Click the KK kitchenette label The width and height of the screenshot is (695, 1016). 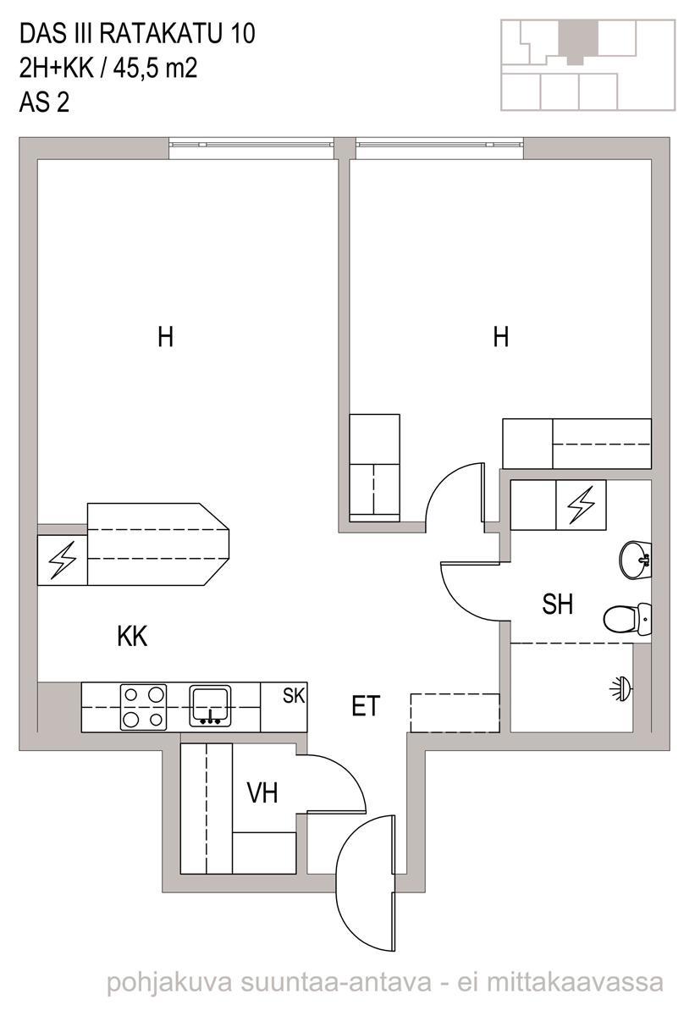coord(132,637)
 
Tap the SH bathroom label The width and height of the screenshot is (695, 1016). coord(557,604)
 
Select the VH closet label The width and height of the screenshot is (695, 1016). coord(262,792)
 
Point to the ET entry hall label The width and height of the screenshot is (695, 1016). coord(366,706)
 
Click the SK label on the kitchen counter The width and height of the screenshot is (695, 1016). coord(294,695)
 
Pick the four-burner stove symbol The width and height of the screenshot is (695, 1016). coord(143,708)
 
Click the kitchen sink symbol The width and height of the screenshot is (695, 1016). coord(210,706)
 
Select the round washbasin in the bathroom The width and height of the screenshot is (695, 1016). coord(636,560)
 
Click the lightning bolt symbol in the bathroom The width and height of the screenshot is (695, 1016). coord(581,505)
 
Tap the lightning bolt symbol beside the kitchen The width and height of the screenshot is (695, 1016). coord(62,560)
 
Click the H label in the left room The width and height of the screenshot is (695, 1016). coord(165,337)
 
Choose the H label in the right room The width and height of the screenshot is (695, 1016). coord(501,337)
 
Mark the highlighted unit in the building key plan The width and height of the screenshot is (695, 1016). coord(578,41)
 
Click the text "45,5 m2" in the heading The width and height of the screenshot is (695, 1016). coord(156,69)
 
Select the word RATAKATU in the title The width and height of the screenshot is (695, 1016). coord(158,34)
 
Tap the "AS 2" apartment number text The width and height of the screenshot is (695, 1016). coord(44,102)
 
